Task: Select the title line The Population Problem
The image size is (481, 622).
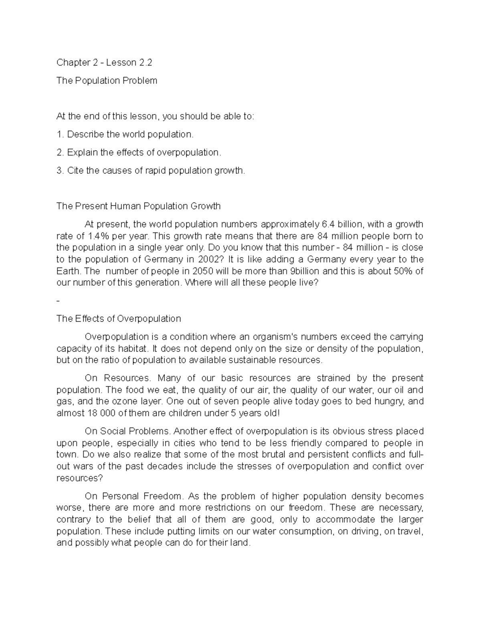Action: tap(107, 81)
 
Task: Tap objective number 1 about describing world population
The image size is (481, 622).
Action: tap(125, 135)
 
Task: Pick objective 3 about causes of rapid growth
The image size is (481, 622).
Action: tap(150, 171)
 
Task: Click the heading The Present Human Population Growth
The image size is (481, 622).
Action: tap(138, 206)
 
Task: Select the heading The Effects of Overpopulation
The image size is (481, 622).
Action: tap(119, 319)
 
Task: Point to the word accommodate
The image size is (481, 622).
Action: tap(347, 520)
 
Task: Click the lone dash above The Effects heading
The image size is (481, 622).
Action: tap(59, 301)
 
